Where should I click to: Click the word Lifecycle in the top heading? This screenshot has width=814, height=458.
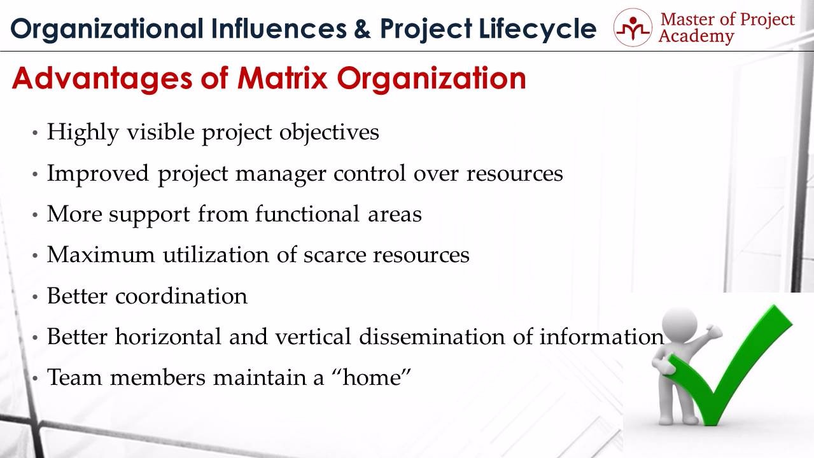(x=537, y=29)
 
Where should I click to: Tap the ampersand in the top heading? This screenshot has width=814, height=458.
(x=362, y=29)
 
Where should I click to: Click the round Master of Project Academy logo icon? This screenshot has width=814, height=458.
(x=633, y=27)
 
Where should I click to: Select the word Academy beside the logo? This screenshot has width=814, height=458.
(x=696, y=37)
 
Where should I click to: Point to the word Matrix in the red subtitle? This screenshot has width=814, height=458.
(x=283, y=78)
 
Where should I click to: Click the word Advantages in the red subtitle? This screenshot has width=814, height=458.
(x=102, y=78)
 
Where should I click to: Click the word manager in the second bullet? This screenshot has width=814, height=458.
(x=281, y=174)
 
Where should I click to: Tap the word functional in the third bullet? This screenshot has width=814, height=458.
(x=307, y=214)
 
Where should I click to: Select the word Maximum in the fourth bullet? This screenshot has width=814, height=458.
(x=101, y=254)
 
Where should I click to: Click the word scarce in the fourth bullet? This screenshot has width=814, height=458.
(x=334, y=255)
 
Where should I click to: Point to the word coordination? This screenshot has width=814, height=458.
(x=181, y=296)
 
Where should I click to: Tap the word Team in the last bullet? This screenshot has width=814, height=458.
(x=74, y=377)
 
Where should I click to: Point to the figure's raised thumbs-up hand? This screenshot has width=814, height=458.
(x=711, y=331)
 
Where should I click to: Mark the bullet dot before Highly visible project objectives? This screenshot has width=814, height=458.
(x=35, y=133)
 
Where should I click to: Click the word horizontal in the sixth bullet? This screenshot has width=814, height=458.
(x=168, y=337)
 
